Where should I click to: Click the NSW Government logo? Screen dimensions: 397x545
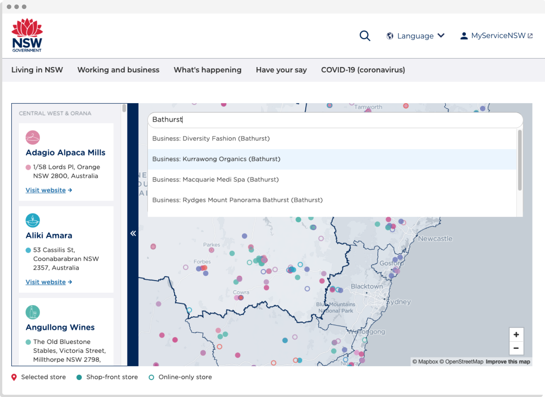(27, 35)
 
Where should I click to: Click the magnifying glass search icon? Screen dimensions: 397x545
(365, 36)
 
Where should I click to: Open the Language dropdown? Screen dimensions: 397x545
(416, 36)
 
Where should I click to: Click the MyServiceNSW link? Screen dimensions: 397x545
(497, 36)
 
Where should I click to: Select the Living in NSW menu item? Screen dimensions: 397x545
(37, 70)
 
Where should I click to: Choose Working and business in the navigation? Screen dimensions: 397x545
(118, 70)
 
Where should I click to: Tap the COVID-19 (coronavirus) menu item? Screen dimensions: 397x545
(363, 70)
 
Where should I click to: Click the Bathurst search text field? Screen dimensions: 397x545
(335, 120)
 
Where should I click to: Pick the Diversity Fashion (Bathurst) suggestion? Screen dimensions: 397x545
(211, 139)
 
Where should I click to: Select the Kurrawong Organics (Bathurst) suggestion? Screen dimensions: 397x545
(216, 159)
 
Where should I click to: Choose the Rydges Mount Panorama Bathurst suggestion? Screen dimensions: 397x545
(237, 200)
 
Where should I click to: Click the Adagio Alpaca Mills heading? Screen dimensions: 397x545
(66, 153)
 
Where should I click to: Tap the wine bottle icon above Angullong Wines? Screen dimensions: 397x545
(33, 312)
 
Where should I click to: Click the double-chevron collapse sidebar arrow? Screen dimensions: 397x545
(133, 234)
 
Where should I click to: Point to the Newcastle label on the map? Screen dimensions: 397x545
(435, 238)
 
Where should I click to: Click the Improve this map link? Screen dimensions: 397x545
(508, 362)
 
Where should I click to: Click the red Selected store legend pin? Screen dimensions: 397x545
(14, 377)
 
